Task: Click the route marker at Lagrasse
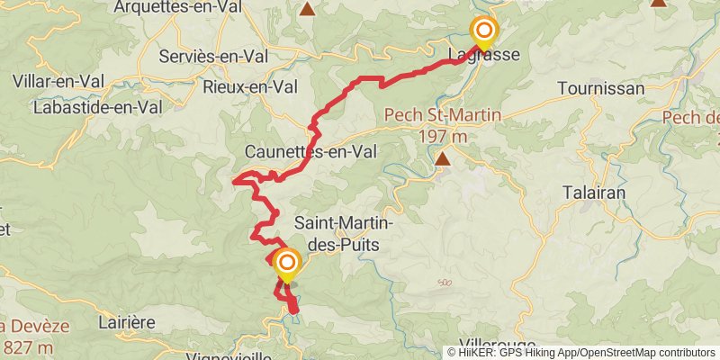coord(484,31)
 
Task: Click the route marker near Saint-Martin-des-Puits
coord(288,264)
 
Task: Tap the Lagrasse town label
coord(484,57)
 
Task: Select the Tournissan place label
coord(601,88)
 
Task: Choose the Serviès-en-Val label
coord(215,57)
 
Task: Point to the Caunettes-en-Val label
coord(310,152)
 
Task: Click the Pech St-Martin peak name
coord(442,116)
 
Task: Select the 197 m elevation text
coord(442,136)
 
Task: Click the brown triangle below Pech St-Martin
coord(442,160)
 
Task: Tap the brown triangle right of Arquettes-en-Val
coord(309,10)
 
